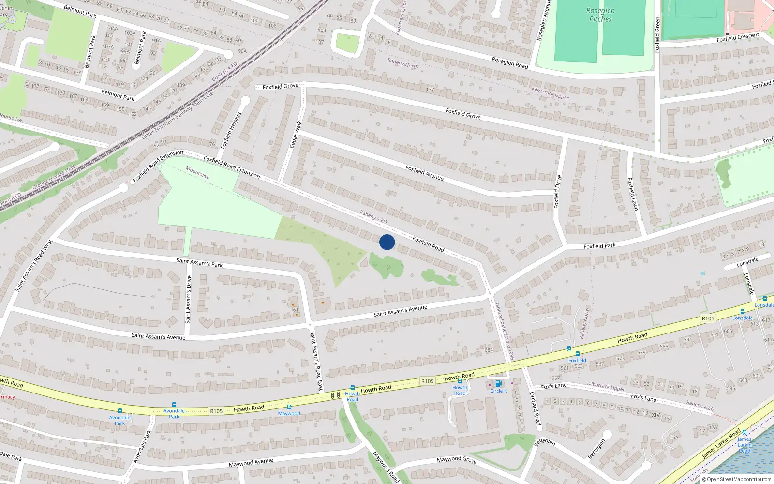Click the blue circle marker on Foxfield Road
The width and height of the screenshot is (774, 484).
point(387,242)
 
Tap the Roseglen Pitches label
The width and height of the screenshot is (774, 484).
point(600,15)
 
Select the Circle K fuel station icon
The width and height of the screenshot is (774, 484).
point(498,384)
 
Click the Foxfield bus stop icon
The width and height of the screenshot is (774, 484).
point(577,354)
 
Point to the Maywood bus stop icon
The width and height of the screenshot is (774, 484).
point(289,407)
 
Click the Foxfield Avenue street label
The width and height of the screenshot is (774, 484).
point(424,173)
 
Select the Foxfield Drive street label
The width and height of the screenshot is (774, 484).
point(558,192)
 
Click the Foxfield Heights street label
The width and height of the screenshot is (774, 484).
point(231,131)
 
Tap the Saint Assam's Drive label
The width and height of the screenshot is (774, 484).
point(188,299)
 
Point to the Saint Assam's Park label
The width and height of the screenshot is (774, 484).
point(199,263)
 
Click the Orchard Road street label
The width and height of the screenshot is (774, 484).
point(535,408)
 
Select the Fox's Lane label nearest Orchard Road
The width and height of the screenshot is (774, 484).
point(554,386)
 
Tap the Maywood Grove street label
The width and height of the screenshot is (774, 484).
point(457,459)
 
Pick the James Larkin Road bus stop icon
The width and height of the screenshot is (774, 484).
point(744,432)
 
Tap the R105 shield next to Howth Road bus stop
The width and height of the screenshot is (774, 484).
point(427,381)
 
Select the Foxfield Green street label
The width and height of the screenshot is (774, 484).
point(657,35)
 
